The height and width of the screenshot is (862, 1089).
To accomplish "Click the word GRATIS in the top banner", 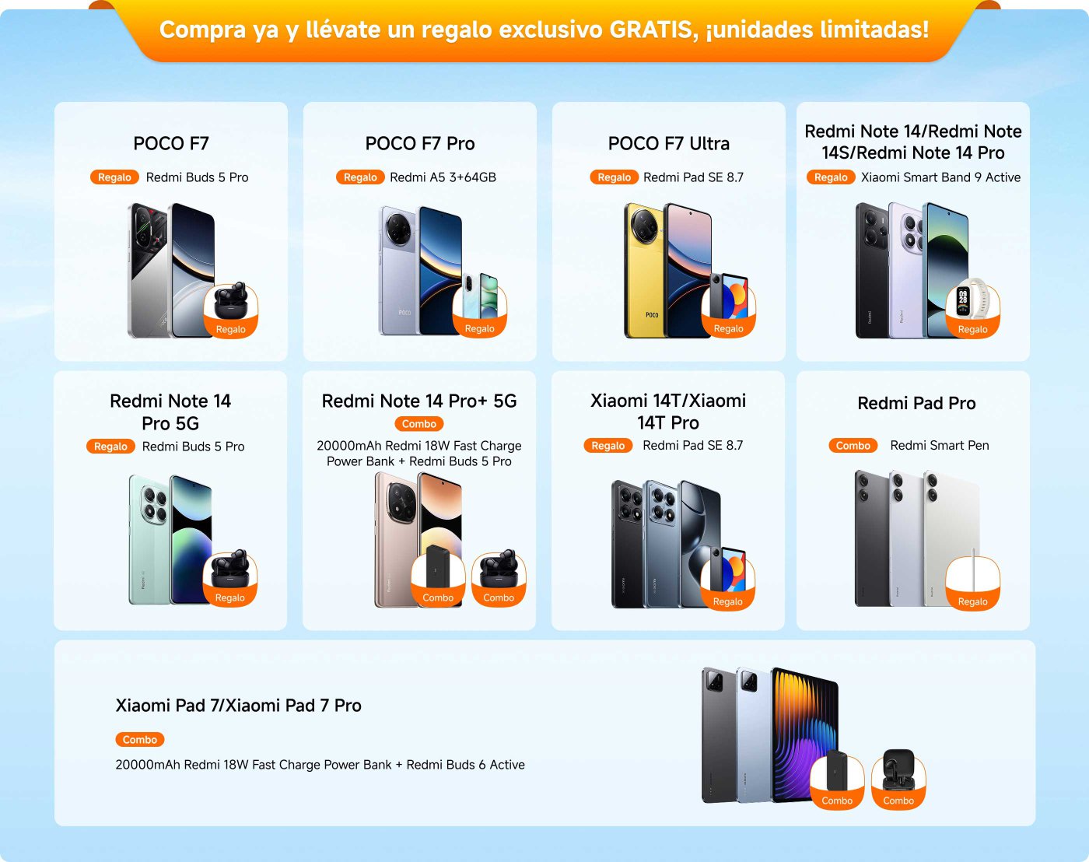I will [652, 30].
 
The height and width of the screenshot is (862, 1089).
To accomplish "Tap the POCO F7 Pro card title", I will [420, 144].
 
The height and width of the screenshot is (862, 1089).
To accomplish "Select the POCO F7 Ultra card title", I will [669, 144].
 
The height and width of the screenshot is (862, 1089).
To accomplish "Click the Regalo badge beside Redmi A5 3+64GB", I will [360, 177].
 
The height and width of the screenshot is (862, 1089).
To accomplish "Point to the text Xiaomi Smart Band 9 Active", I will [940, 177].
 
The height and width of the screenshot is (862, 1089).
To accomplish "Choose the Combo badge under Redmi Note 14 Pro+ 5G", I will [419, 424].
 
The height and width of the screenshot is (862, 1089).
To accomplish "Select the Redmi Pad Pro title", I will [916, 403].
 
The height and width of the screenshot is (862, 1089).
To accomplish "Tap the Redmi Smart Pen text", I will [940, 446].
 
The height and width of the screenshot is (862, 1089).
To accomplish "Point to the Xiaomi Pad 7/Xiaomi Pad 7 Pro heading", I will [238, 706].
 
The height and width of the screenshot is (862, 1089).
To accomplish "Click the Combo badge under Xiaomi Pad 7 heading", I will [140, 740].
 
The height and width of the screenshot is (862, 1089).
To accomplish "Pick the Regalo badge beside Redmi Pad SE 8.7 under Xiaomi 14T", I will [608, 446].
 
